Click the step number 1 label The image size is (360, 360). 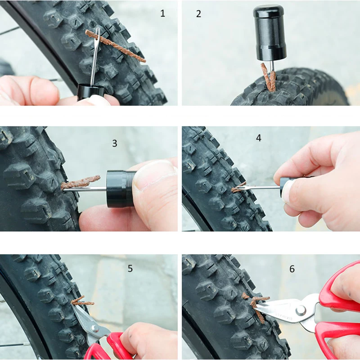(x=162, y=13)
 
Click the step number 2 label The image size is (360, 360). (x=198, y=14)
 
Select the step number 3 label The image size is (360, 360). (x=115, y=143)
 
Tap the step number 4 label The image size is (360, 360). (x=258, y=138)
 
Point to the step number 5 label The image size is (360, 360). (x=130, y=268)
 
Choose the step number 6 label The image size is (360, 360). (x=292, y=269)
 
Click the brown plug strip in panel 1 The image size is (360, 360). (x=115, y=45)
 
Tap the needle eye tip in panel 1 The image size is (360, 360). (x=98, y=30)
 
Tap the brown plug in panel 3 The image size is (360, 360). (x=81, y=182)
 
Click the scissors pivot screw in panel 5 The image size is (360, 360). (x=94, y=328)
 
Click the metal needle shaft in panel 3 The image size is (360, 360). (x=85, y=189)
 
